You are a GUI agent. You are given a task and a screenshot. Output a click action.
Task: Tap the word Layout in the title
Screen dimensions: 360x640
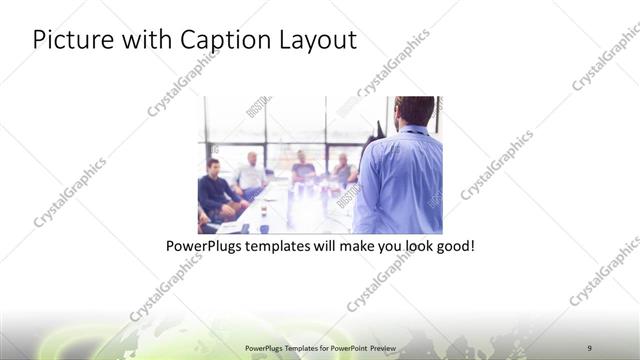[318, 40]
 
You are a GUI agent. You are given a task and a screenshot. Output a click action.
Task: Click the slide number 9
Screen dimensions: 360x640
[589, 347]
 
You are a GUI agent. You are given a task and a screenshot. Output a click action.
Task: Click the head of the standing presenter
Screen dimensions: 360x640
[414, 110]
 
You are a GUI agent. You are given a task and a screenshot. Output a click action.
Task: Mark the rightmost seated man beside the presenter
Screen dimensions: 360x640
[343, 170]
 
